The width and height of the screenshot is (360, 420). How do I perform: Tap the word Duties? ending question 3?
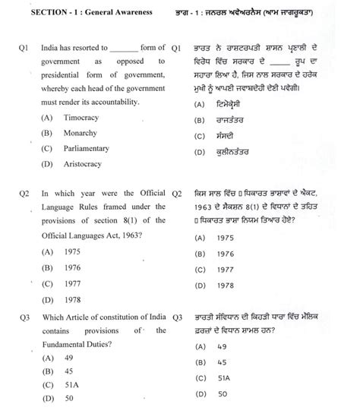pyautogui.click(x=111, y=343)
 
